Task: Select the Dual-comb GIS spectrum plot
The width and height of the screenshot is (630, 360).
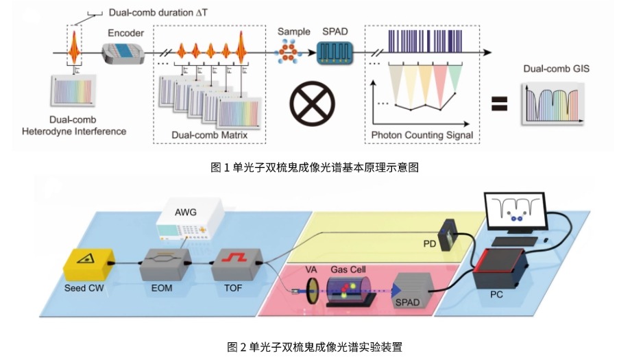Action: (x=555, y=103)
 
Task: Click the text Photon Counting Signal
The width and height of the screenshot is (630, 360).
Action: (x=422, y=135)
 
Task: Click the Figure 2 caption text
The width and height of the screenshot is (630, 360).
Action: (x=315, y=346)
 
